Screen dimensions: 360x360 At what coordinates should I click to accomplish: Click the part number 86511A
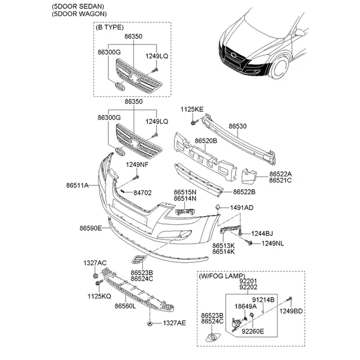click(x=77, y=185)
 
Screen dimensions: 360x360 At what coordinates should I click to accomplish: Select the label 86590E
click(x=91, y=228)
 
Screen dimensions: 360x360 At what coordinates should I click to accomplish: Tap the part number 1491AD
click(x=242, y=208)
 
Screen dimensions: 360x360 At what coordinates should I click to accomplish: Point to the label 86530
click(x=238, y=126)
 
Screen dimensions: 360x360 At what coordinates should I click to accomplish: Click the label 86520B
click(x=206, y=141)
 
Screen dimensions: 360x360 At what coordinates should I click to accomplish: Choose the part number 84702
click(x=143, y=193)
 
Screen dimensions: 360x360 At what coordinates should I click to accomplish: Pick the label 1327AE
click(x=175, y=323)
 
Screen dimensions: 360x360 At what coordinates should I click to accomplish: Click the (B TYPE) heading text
click(x=110, y=28)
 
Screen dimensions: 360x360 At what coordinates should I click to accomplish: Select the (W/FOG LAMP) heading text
click(x=222, y=276)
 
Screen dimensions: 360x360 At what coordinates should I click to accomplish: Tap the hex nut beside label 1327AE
click(x=149, y=324)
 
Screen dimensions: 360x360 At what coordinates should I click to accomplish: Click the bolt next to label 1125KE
click(x=194, y=122)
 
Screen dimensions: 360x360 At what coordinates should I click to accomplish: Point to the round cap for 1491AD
click(x=217, y=207)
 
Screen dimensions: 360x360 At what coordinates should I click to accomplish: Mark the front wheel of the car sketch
click(x=280, y=67)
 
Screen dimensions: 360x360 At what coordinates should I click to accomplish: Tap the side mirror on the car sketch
click(x=300, y=32)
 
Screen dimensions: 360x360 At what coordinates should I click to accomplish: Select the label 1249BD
click(x=291, y=311)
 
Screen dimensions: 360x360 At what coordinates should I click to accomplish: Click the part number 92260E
click(x=253, y=331)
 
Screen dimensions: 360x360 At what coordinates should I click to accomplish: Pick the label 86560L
click(x=125, y=306)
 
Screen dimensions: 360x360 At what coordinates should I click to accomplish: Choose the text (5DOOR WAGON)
click(x=79, y=14)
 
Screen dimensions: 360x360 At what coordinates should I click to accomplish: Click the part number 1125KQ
click(x=99, y=296)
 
